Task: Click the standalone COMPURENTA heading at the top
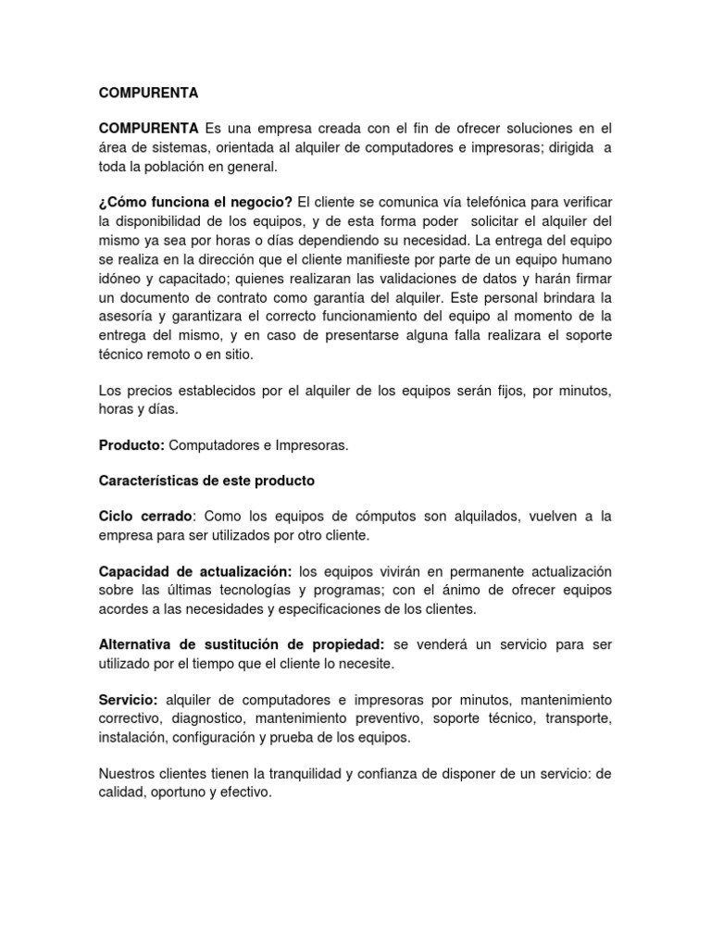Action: click(148, 94)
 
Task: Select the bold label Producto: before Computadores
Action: click(131, 445)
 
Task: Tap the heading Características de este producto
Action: click(206, 480)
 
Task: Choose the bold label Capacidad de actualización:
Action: click(195, 571)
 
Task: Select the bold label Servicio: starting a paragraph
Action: click(129, 699)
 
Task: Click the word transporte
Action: click(577, 717)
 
